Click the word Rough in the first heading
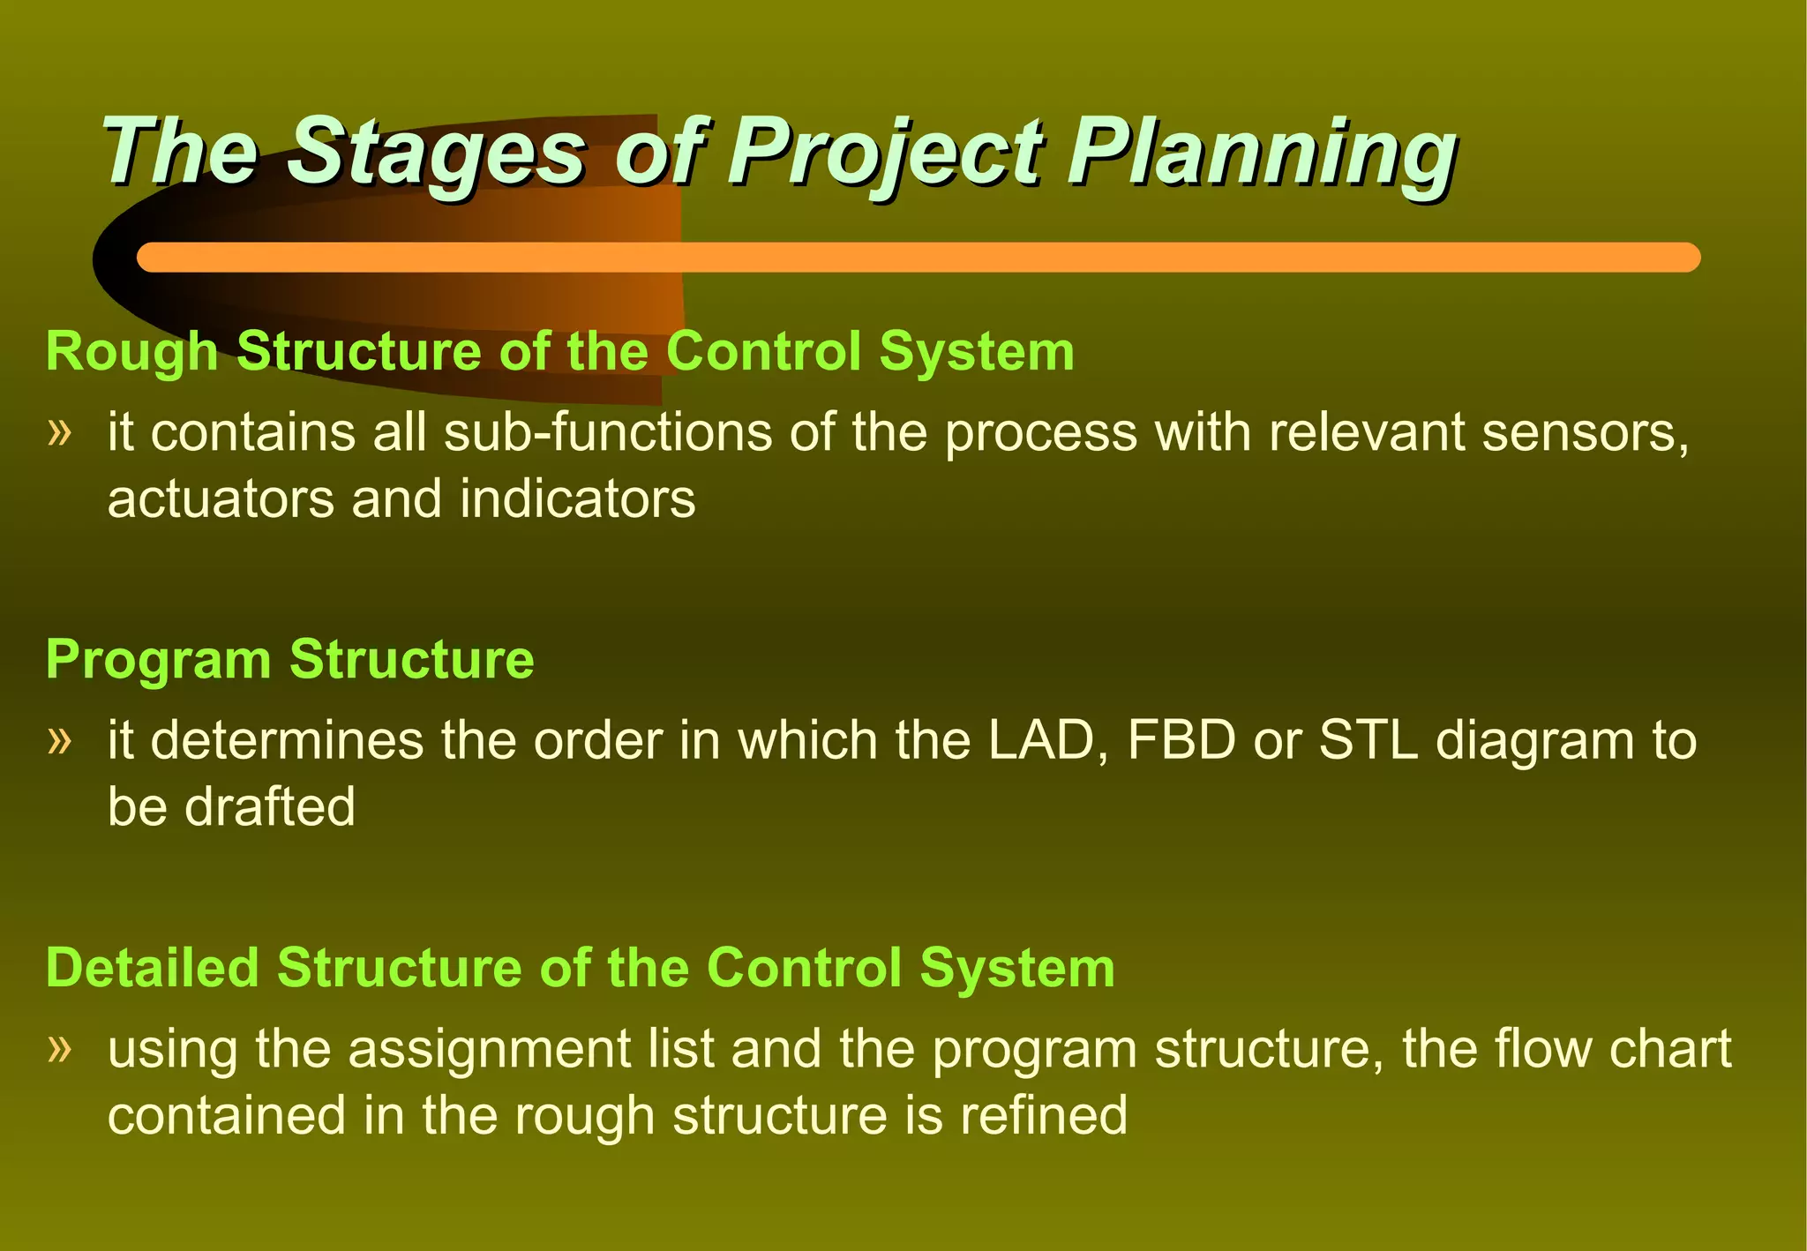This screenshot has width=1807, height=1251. [x=131, y=351]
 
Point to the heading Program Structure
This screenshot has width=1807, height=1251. [x=289, y=659]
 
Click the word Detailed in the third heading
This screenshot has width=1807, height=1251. [x=151, y=967]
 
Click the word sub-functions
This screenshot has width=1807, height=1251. [x=607, y=432]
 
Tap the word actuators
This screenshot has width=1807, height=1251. [x=221, y=499]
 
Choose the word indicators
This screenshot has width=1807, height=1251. [x=577, y=499]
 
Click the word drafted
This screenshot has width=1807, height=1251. [x=269, y=806]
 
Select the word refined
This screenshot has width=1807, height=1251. [x=1043, y=1115]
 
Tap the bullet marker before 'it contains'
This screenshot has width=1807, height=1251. [x=59, y=432]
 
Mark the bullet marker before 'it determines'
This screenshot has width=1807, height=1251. [x=59, y=739]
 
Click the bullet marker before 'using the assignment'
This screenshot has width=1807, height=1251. [x=59, y=1048]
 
